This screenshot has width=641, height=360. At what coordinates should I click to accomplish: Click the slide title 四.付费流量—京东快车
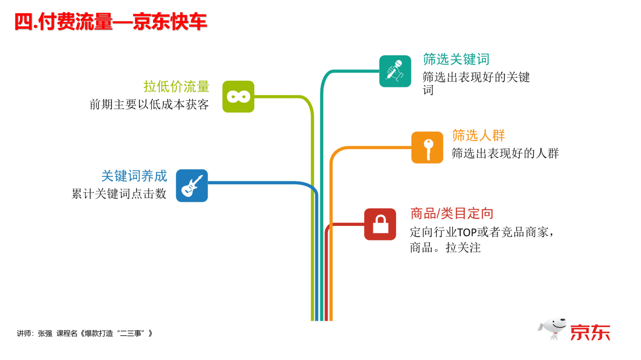coord(111,22)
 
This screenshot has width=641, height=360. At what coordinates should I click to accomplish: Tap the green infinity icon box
coord(238,96)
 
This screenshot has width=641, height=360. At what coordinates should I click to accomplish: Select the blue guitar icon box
coord(192,186)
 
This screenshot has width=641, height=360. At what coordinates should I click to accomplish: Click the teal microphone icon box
coord(395,71)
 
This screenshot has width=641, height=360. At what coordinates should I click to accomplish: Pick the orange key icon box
coord(427,147)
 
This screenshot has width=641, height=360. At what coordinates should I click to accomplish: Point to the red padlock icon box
coord(380,224)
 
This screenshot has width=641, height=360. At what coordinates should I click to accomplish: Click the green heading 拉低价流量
coord(176,86)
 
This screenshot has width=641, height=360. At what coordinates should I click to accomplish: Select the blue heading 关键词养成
coord(134,176)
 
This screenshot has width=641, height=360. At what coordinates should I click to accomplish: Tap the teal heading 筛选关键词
coord(456,59)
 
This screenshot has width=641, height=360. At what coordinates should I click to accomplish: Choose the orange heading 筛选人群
coord(478,135)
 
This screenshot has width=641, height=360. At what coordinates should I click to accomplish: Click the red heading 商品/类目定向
coord(452,213)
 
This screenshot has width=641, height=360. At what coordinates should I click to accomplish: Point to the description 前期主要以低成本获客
coord(149,104)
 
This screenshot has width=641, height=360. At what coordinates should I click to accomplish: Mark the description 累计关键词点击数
coord(119,194)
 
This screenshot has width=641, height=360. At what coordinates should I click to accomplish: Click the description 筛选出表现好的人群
coord(505,153)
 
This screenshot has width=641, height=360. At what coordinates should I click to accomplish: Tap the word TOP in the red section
coord(467,232)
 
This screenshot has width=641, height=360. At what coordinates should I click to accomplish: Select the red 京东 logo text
coord(590,333)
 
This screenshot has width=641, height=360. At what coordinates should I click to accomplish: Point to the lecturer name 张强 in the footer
coord(45,333)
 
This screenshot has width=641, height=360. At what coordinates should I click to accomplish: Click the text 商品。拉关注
coord(445,248)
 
